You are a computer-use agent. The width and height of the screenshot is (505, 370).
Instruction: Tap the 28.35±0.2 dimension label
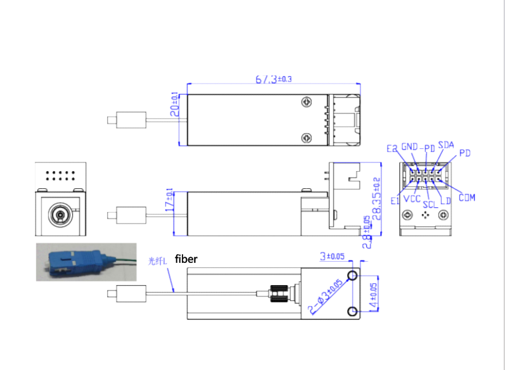coord(377,198)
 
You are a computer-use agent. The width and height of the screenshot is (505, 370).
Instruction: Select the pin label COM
coord(466,197)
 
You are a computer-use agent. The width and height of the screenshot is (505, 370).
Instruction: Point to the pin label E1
coord(395,200)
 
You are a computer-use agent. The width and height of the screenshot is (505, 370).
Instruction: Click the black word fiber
coord(186,259)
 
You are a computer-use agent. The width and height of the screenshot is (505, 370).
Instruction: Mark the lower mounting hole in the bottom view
coord(352,311)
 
